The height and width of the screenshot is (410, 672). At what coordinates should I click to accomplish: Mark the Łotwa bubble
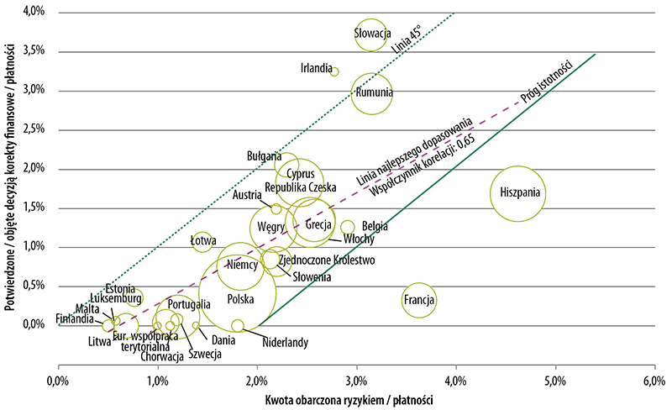[202, 240]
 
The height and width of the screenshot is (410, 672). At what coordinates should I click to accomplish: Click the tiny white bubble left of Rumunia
[333, 72]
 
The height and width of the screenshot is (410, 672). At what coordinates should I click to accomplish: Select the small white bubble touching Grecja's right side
[347, 227]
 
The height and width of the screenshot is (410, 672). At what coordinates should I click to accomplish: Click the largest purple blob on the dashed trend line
[495, 113]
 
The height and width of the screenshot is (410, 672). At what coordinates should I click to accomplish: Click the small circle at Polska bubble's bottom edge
[238, 326]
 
